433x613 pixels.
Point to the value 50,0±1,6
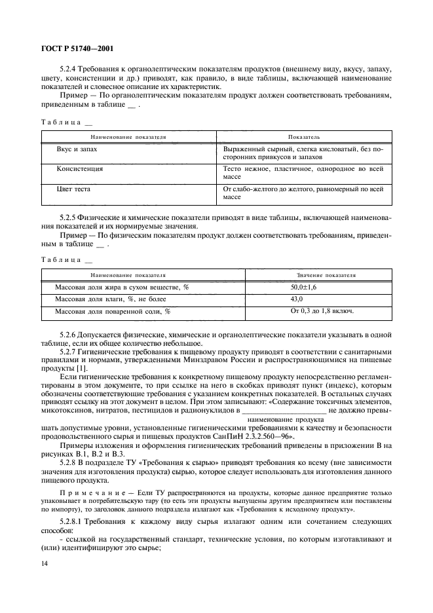pyautogui.click(x=303, y=288)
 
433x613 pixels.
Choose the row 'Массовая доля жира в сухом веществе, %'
pyautogui.click(x=122, y=288)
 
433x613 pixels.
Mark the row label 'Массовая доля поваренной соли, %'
pyautogui.click(x=113, y=312)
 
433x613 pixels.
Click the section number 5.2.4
pyautogui.click(x=68, y=69)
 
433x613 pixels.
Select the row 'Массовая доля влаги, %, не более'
pyautogui.click(x=105, y=299)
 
